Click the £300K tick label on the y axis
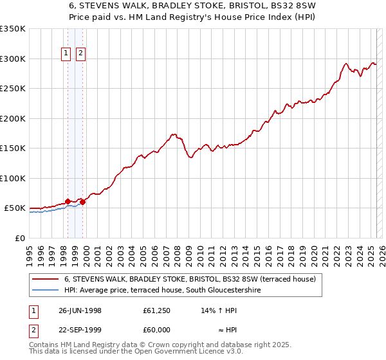click(13, 59)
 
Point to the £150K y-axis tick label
click(13, 148)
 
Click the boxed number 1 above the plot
click(67, 54)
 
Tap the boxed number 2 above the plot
click(81, 54)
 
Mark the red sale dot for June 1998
click(68, 201)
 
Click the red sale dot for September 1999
click(82, 203)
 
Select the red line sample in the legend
click(45, 280)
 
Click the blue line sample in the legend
click(45, 291)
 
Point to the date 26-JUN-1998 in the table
click(80, 310)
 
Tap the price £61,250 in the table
click(157, 310)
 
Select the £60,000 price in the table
click(157, 330)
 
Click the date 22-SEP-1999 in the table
click(80, 330)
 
